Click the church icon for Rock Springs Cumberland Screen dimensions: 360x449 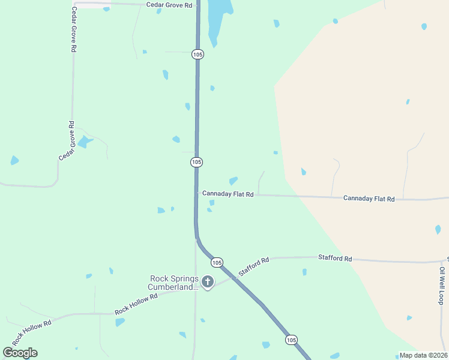click(208, 281)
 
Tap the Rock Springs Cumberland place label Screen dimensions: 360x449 click(174, 283)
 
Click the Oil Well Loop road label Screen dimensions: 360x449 click(442, 282)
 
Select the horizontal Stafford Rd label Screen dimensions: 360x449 click(335, 258)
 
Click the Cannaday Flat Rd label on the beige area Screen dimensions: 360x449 click(369, 198)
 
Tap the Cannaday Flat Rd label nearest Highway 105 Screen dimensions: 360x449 click(228, 194)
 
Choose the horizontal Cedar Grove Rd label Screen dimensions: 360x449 click(170, 5)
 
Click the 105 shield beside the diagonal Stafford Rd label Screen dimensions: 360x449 click(217, 262)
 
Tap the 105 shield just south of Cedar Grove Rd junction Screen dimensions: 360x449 click(198, 54)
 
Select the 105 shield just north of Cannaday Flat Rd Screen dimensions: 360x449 click(196, 162)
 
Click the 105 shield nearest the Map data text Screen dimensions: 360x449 click(291, 340)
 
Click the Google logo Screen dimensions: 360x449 click(20, 353)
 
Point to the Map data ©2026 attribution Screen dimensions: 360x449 click(423, 355)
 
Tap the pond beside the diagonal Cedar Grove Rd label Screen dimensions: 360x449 click(84, 142)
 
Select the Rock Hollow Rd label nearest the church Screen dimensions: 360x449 click(136, 304)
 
